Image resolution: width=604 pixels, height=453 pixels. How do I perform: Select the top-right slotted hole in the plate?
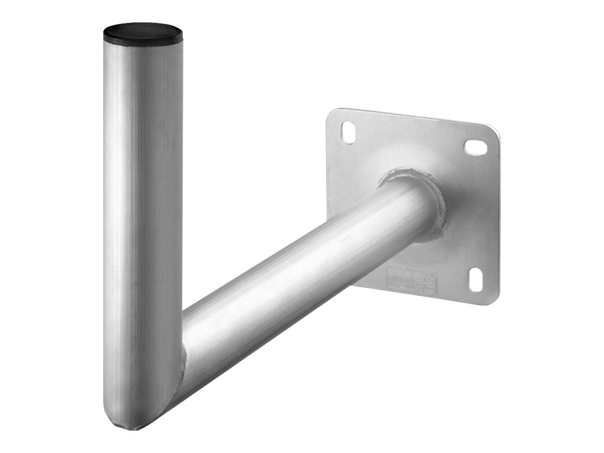click(475, 147)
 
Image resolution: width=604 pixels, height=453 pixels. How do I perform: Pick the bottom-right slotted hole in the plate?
click(475, 278)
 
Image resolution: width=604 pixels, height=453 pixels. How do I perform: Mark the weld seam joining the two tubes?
click(182, 360)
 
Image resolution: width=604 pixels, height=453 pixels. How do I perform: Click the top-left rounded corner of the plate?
click(331, 113)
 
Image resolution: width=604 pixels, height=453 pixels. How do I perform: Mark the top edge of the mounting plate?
click(413, 117)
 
